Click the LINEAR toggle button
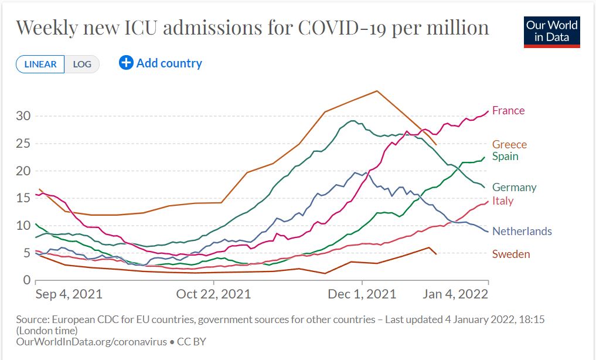40,64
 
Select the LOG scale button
82,64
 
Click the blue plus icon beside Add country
126,63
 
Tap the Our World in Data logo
551,32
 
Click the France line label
508,111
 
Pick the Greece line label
509,144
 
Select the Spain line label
505,157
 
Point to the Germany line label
514,188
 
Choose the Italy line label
503,201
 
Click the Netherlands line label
522,232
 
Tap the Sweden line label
511,254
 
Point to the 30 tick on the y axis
22,116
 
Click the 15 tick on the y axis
22,198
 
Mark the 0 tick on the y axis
26,280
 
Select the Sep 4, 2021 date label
69,294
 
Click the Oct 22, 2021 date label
213,294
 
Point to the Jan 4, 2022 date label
455,294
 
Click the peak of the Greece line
377,91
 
